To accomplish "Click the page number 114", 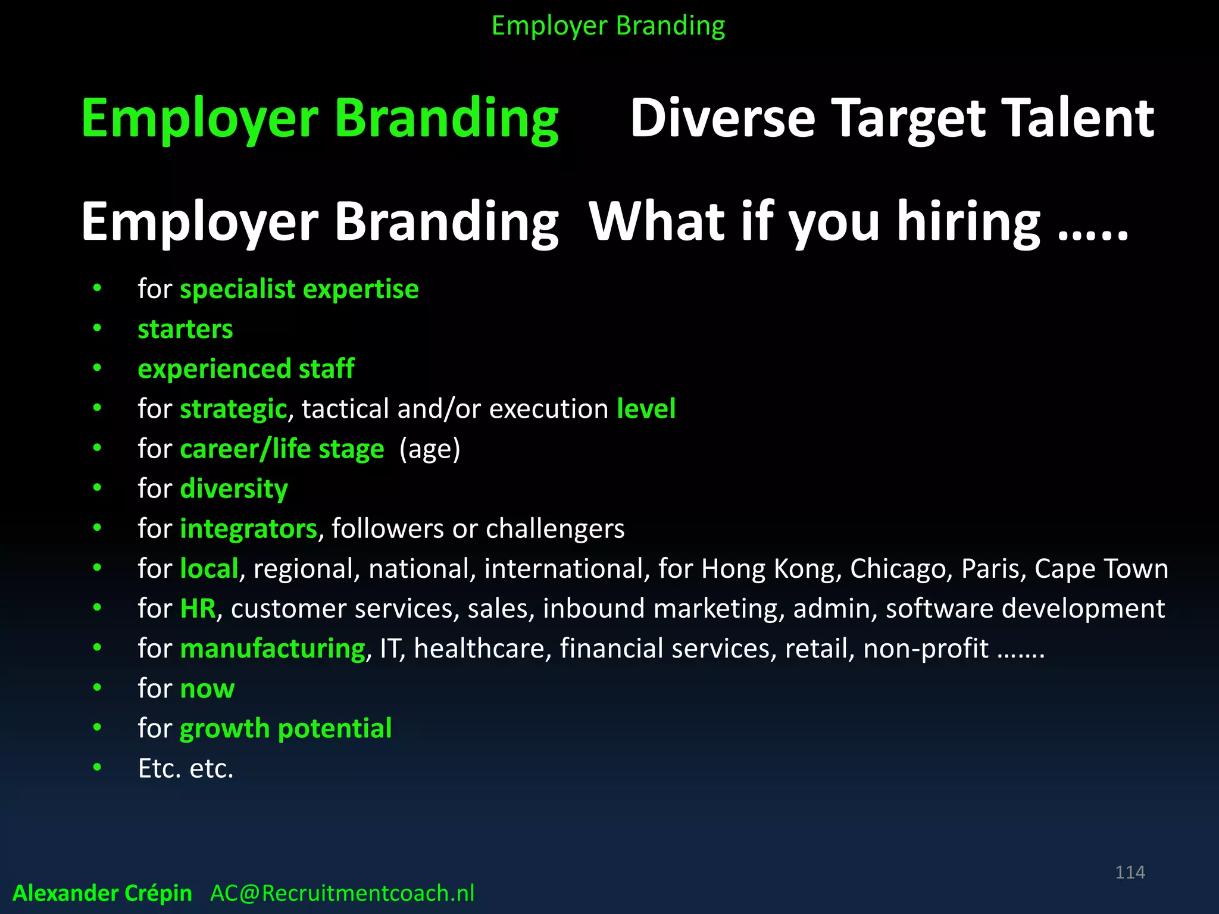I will pyautogui.click(x=1130, y=872).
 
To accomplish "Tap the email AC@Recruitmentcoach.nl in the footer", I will pyautogui.click(x=342, y=893).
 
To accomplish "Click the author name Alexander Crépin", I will pyautogui.click(x=102, y=893).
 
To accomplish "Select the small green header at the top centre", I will pyautogui.click(x=608, y=26).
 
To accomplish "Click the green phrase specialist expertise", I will pyautogui.click(x=299, y=289).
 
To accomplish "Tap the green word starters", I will pyautogui.click(x=185, y=329).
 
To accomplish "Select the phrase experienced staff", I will pyautogui.click(x=246, y=369).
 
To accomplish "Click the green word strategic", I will pyautogui.click(x=233, y=409).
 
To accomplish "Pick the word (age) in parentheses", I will pyautogui.click(x=430, y=449).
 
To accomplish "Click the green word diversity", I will pyautogui.click(x=234, y=489).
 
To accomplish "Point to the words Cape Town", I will pyautogui.click(x=1101, y=569).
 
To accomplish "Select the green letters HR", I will pyautogui.click(x=198, y=609).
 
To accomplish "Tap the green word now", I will pyautogui.click(x=207, y=689).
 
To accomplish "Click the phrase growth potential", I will pyautogui.click(x=286, y=729).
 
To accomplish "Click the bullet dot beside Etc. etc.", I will pyautogui.click(x=97, y=768).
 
